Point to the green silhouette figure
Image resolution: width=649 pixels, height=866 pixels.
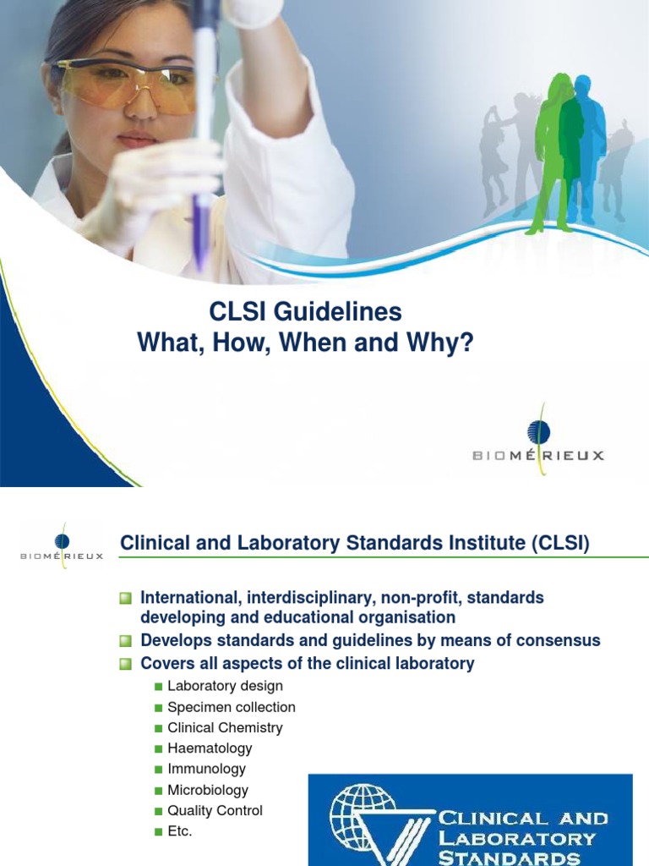click(x=554, y=152)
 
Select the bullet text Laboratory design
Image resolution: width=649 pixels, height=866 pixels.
click(x=225, y=686)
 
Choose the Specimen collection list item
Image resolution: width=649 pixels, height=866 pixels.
click(x=232, y=707)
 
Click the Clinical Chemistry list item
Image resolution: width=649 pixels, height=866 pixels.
click(x=225, y=727)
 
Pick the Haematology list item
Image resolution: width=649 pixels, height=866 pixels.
click(x=210, y=748)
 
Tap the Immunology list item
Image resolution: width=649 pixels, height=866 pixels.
click(x=206, y=769)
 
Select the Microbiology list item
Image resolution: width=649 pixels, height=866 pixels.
click(x=208, y=790)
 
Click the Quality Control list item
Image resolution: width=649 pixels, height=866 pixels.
click(x=215, y=810)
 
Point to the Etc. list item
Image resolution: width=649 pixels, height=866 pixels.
click(x=180, y=831)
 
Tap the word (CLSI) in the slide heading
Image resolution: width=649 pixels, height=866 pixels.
click(x=560, y=543)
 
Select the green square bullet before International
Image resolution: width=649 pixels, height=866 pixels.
click(x=127, y=599)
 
